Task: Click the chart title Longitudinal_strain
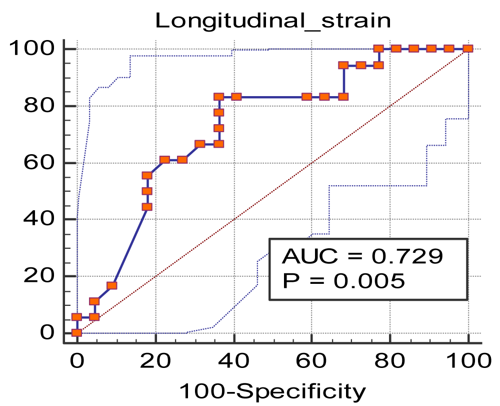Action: (272, 21)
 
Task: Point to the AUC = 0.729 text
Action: (362, 256)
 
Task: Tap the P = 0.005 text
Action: (343, 280)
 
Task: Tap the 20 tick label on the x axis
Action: (155, 360)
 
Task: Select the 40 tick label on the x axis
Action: (233, 360)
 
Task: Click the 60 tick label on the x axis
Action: (311, 360)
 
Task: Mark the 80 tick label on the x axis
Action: (390, 360)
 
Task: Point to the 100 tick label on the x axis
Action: (468, 360)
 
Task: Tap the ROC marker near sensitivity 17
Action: (111, 286)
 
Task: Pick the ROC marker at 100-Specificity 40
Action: (236, 97)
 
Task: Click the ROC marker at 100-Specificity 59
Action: (307, 97)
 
